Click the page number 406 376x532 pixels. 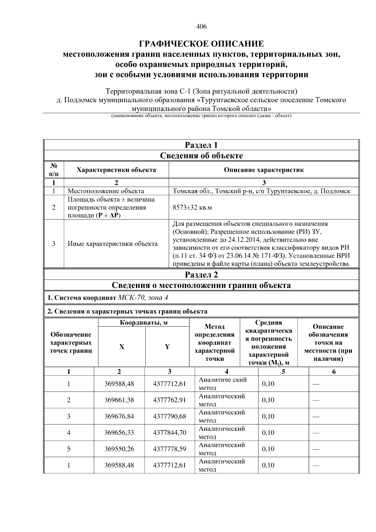201,27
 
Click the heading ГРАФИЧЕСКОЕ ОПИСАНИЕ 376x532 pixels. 201,43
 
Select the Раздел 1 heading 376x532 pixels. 201,145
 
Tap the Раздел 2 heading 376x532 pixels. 201,275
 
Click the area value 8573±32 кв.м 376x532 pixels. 192,208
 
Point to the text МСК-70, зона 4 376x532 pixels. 143,298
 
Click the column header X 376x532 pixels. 122,347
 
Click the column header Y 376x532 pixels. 167,347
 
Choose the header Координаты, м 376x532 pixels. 144,323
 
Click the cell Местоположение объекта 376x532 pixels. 106,191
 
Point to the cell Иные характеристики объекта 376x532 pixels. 113,244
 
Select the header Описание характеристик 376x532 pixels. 264,170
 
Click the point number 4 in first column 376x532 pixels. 69,433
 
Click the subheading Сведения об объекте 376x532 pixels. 201,156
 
